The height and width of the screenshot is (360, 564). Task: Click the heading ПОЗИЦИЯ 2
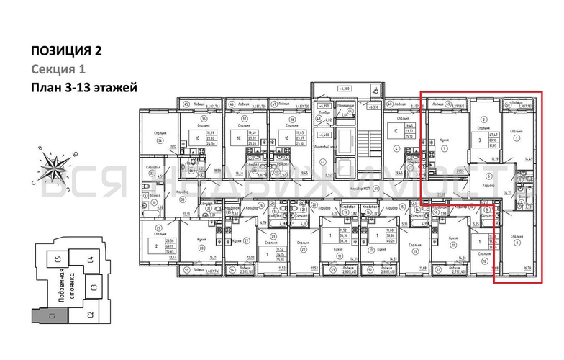66,50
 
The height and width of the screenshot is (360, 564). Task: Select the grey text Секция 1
58,69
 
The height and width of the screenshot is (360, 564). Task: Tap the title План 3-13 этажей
83,88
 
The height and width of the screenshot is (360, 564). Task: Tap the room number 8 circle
517,243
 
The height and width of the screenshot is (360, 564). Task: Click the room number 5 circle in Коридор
488,176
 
